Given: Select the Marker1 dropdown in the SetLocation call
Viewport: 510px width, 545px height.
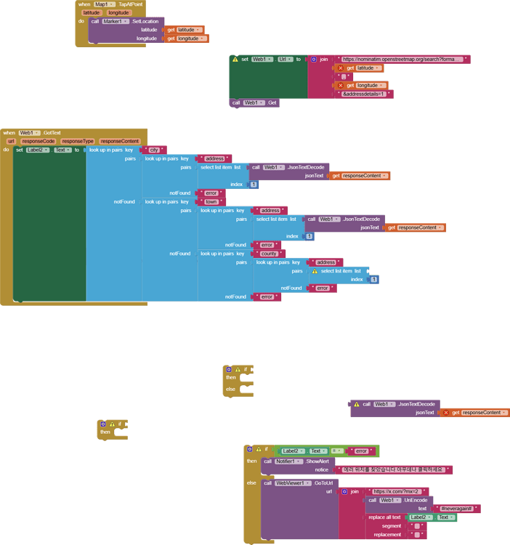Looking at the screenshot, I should tap(115, 21).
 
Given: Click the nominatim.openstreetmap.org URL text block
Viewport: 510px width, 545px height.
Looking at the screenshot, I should tap(402, 60).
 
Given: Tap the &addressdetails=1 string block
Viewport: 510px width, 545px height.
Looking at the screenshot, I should tap(367, 94).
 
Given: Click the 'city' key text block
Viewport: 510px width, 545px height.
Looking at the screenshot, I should tap(153, 150).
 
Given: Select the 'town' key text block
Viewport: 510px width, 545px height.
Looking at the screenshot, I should tap(211, 202).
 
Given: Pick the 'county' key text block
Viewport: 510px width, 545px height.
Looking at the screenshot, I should tap(269, 254).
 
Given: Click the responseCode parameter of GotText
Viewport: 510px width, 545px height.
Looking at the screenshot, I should tap(38, 141).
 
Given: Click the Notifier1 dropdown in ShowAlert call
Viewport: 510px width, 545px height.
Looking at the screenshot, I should tap(288, 461).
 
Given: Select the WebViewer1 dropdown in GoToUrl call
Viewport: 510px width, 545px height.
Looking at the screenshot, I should tap(294, 483).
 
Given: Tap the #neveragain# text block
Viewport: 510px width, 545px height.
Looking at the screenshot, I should tap(456, 509).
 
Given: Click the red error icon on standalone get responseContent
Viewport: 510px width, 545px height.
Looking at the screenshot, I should tap(446, 413).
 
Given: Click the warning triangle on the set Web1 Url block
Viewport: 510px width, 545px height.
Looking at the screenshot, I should tap(235, 60).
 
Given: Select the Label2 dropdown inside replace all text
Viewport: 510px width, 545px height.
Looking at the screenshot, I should tap(419, 517).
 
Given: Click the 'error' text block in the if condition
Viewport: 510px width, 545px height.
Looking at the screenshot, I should tap(360, 451).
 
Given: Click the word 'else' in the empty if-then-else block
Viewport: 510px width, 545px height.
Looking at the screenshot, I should tap(230, 389).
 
